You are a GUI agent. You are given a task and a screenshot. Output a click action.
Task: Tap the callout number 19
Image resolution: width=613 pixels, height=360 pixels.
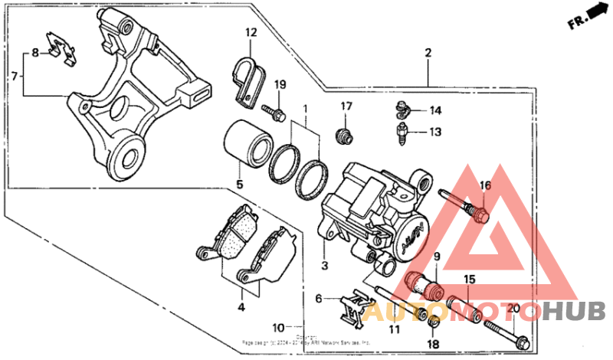point(280,84)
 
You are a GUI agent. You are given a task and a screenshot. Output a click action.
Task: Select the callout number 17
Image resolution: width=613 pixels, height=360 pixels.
point(346,106)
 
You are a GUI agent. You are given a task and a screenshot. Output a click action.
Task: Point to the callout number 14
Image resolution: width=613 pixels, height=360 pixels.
point(435,110)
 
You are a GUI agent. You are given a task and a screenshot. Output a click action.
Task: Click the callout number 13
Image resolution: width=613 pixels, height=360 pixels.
point(435,132)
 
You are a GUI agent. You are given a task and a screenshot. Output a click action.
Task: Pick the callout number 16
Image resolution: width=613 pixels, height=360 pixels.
point(484,186)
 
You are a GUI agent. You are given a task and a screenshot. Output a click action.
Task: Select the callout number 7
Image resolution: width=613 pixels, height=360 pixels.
point(13,76)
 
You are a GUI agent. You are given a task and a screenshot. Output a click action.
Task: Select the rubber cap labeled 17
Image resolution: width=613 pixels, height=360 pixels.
point(346,136)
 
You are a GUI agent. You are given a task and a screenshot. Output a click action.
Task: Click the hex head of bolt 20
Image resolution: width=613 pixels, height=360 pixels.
point(521,340)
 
